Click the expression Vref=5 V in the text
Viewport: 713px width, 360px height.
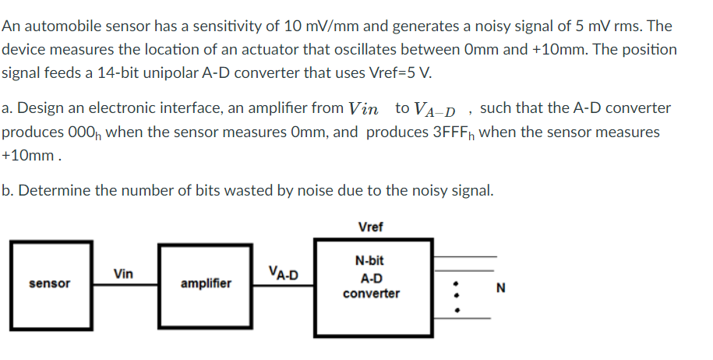coord(398,74)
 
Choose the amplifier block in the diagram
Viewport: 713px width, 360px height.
coord(206,284)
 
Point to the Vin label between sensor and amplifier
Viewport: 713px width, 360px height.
coord(123,274)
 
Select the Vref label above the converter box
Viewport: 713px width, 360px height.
coord(371,227)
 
